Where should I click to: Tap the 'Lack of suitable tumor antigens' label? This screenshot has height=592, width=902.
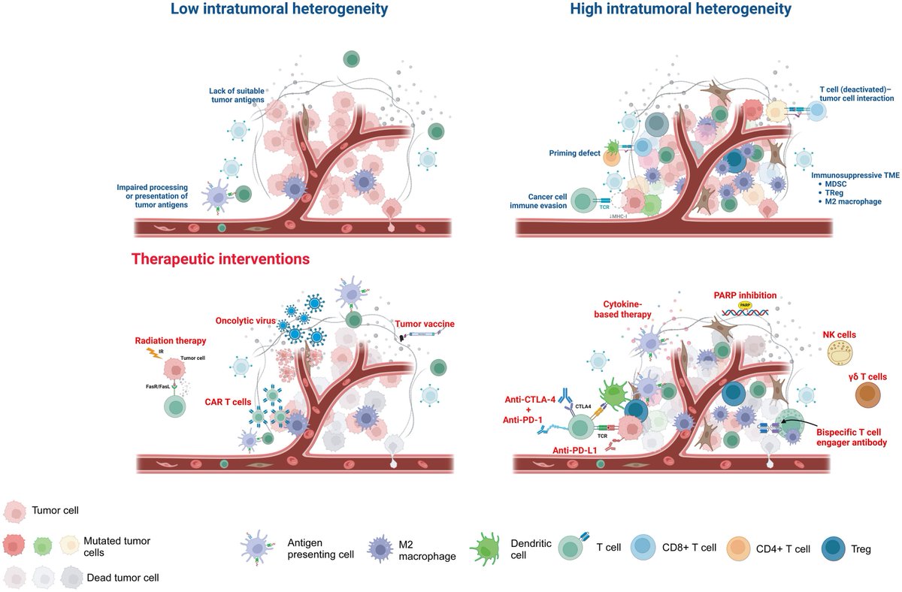point(237,96)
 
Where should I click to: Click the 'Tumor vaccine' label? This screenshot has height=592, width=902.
point(424,324)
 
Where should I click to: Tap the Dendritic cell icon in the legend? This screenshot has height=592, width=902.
point(486,548)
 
